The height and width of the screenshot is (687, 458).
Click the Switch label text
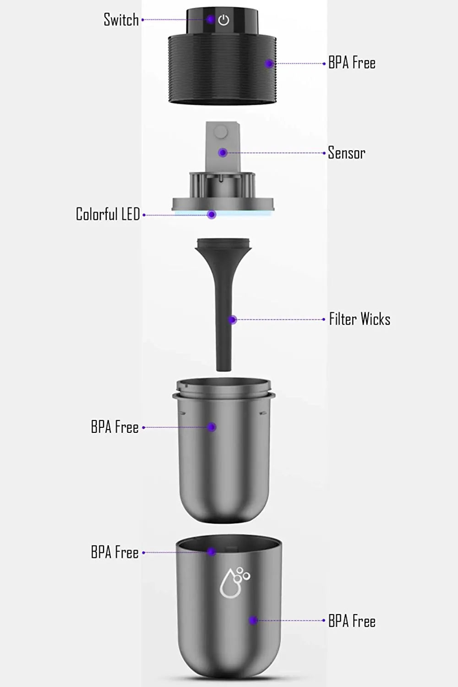(x=121, y=20)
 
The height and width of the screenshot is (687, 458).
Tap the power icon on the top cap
(x=224, y=20)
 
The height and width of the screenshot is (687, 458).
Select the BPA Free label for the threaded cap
(x=352, y=63)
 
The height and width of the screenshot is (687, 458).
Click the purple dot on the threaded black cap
(x=269, y=64)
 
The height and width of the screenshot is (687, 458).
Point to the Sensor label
(x=346, y=153)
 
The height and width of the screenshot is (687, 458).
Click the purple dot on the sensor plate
(x=223, y=153)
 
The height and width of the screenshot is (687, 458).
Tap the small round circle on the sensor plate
(x=221, y=132)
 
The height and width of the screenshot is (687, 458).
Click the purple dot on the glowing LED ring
(x=211, y=214)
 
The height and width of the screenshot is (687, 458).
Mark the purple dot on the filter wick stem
(x=233, y=320)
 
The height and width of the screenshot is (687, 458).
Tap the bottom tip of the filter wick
(x=224, y=366)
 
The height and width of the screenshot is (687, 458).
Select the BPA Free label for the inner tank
(x=114, y=427)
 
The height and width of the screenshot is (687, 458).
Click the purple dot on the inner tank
(x=212, y=427)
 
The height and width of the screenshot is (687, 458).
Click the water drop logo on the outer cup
(x=234, y=583)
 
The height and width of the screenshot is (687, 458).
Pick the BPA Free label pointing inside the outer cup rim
(x=114, y=552)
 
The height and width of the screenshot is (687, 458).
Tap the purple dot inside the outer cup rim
(x=211, y=552)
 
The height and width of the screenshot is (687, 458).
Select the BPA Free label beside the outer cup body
(x=352, y=621)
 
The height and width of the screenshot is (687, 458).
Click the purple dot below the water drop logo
(x=253, y=621)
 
